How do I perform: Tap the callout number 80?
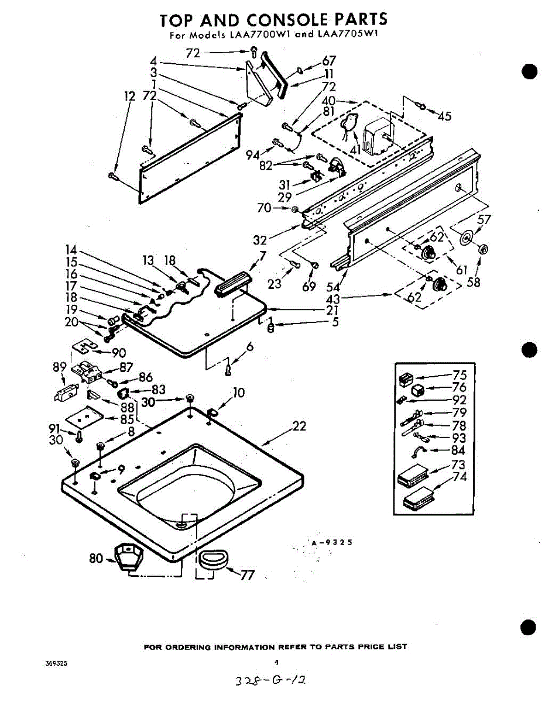tap(96, 558)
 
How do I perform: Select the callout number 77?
tap(248, 574)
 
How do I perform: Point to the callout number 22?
tap(299, 426)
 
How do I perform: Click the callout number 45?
tap(444, 116)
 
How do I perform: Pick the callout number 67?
tap(329, 61)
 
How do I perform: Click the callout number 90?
tap(118, 353)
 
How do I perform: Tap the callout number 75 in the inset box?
tap(460, 376)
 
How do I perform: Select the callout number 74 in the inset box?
tap(460, 477)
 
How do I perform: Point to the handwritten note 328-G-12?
tap(270, 681)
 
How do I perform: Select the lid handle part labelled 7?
tap(233, 284)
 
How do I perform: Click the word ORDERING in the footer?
tap(186, 647)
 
